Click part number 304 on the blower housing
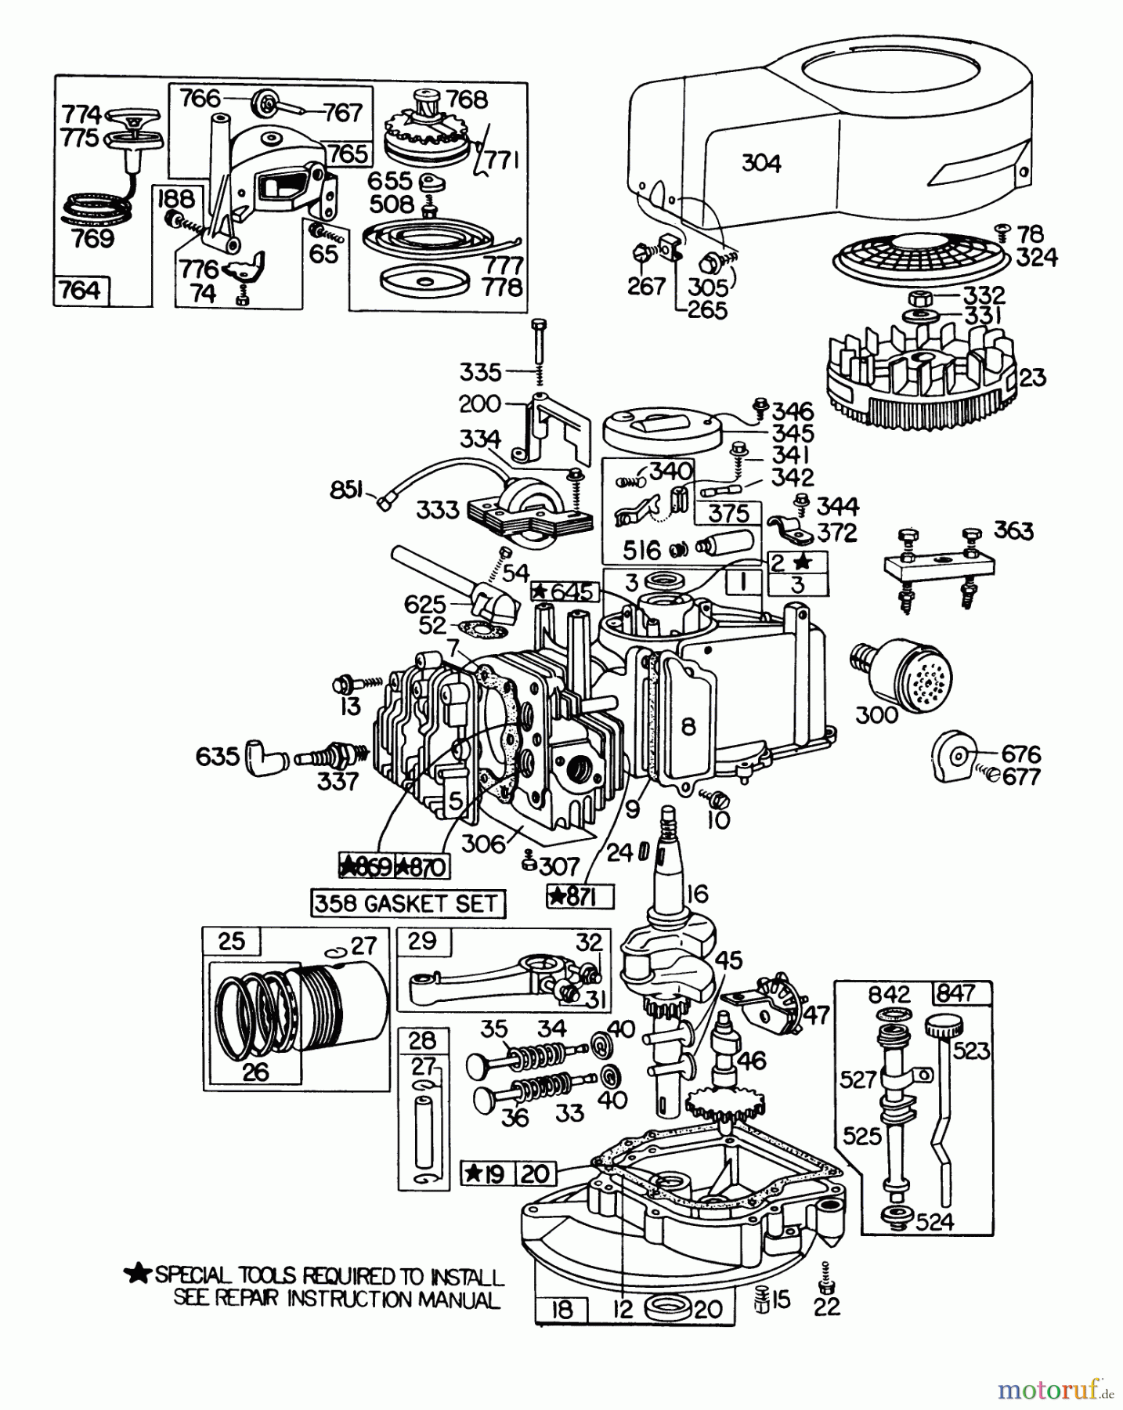coord(760,163)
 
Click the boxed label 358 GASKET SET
coord(407,903)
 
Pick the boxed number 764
coord(81,291)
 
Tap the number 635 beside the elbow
coord(217,757)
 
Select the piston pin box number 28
coord(422,1040)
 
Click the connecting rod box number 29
coord(422,941)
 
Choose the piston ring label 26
coord(255,1072)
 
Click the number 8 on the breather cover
coord(688,727)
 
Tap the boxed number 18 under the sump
coord(562,1310)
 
